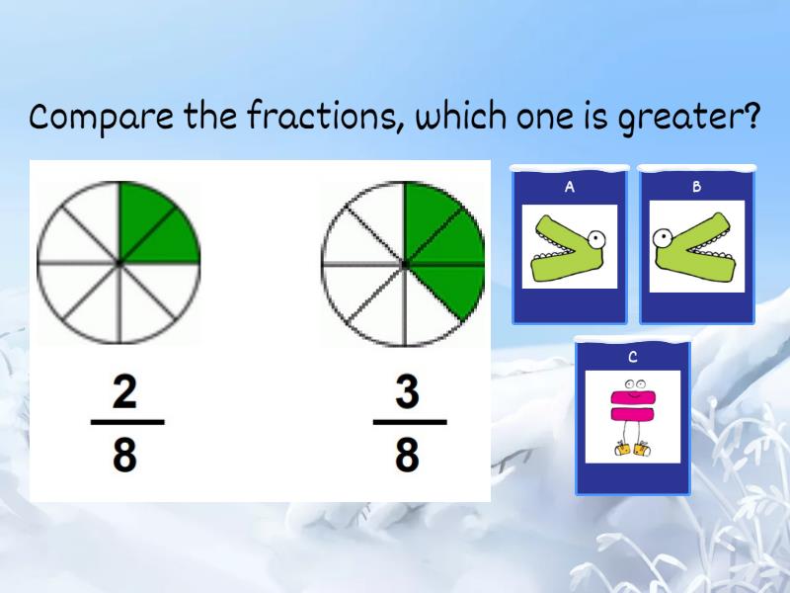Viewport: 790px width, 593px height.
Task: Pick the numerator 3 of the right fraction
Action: pos(407,392)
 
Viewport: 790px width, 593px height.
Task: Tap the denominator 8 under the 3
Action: pos(407,456)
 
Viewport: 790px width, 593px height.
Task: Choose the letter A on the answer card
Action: pos(570,186)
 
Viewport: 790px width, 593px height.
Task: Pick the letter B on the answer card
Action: pos(696,186)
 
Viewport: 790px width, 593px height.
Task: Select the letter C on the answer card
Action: pos(633,357)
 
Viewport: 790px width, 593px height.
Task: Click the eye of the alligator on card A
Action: pos(595,237)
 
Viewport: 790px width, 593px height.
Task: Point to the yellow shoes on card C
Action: pos(633,449)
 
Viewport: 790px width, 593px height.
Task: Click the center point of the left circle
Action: pos(119,263)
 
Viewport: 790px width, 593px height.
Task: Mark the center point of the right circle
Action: pos(404,264)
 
